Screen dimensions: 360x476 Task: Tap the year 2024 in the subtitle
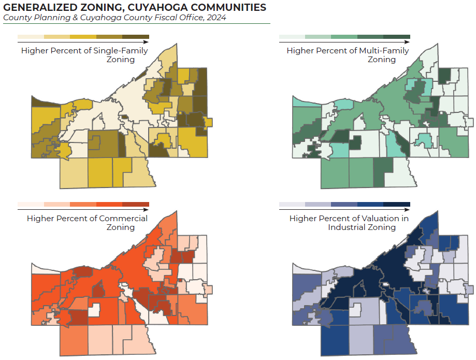pyautogui.click(x=216, y=18)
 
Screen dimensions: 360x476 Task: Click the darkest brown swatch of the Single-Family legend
pyautogui.click(x=136, y=36)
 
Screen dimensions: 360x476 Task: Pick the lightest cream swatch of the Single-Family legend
pyautogui.click(x=31, y=36)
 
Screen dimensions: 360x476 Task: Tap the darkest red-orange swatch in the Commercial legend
pyautogui.click(x=136, y=204)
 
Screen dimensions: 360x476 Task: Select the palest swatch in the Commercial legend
pyautogui.click(x=31, y=204)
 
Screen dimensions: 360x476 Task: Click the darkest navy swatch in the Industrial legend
pyautogui.click(x=397, y=204)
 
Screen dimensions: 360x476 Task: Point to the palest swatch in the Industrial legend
pyautogui.click(x=292, y=204)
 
